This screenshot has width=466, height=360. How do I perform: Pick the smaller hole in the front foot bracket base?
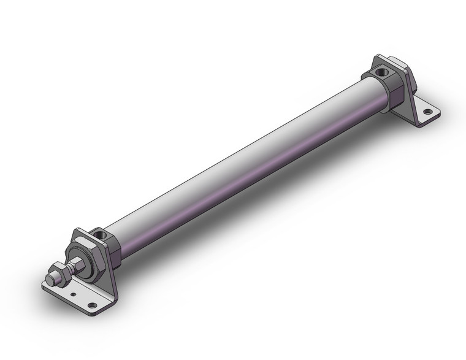74,295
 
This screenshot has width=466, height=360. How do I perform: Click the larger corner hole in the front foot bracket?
93,305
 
